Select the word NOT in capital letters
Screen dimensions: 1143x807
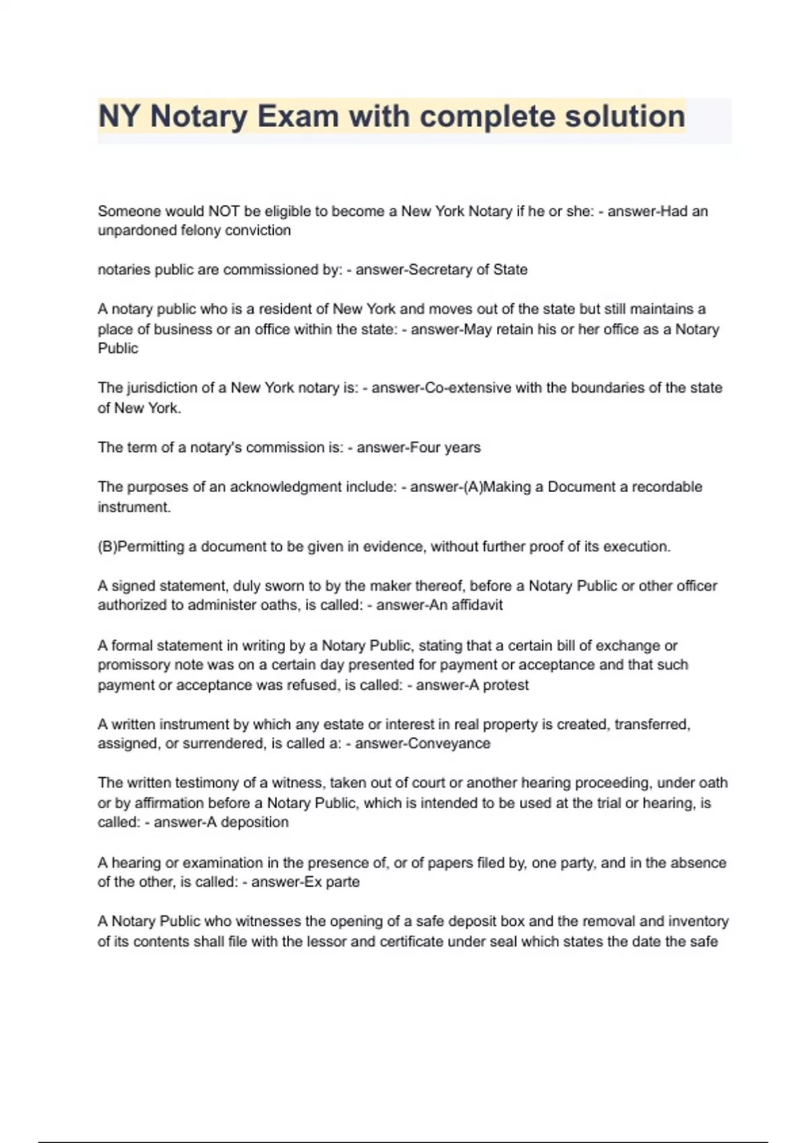(224, 211)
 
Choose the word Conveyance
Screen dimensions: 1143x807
(449, 744)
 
